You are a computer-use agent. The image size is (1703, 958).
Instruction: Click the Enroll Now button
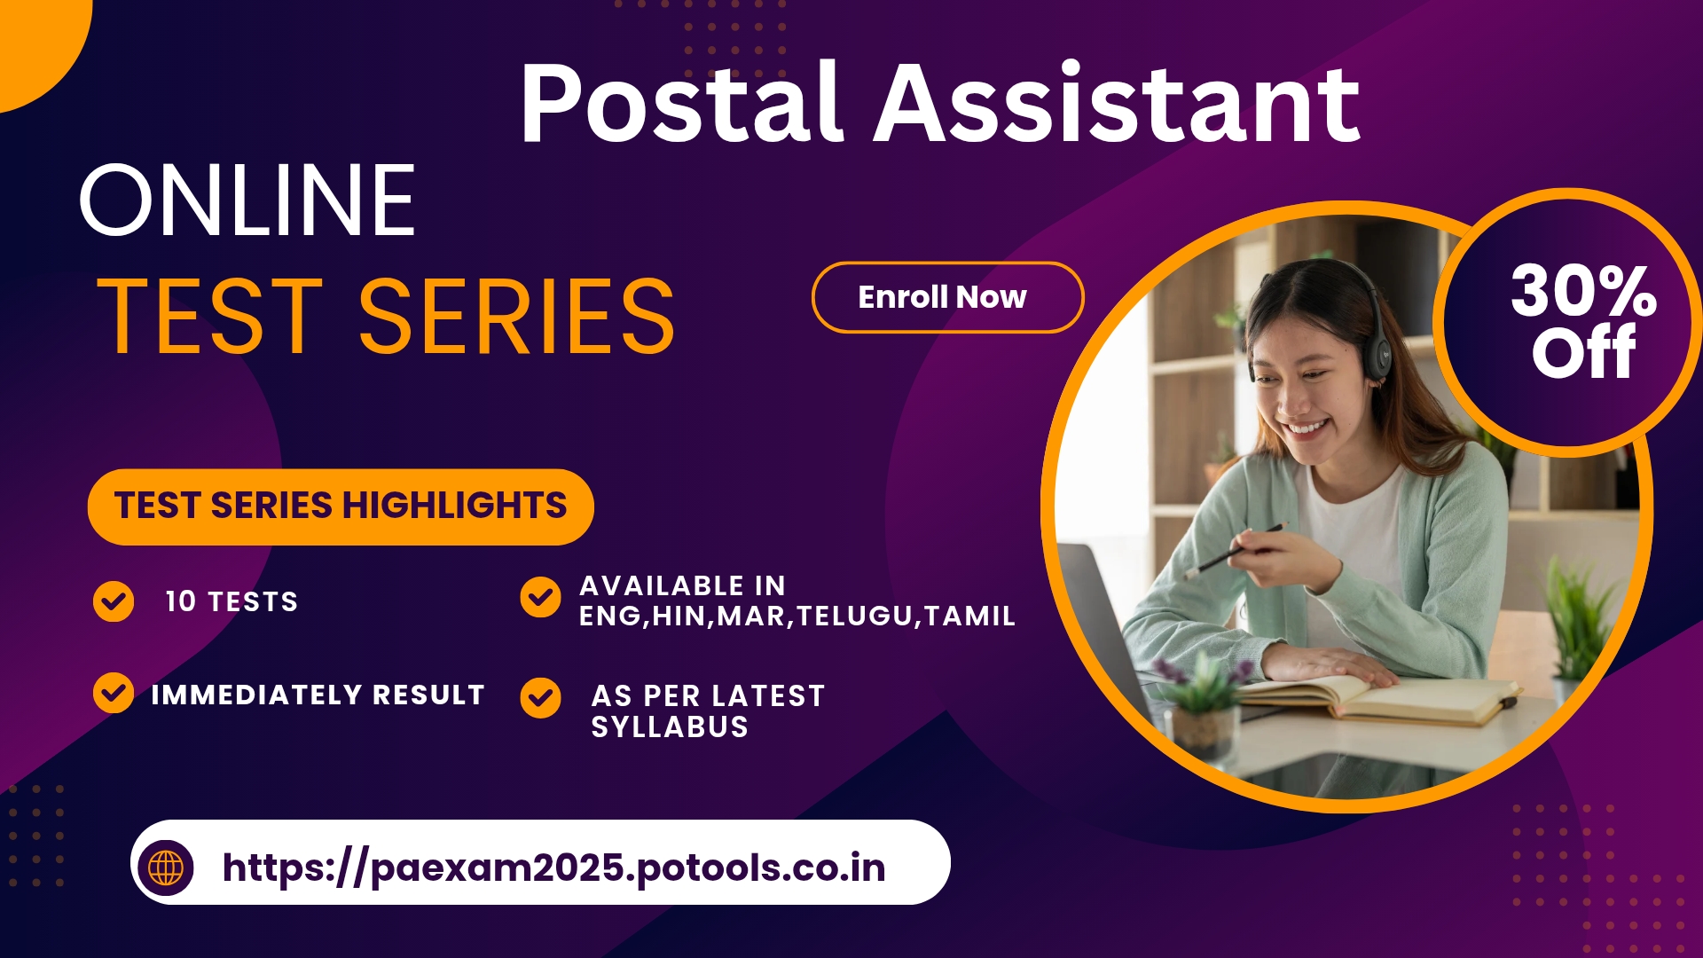click(947, 297)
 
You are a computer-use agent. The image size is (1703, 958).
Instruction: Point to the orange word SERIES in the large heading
click(516, 316)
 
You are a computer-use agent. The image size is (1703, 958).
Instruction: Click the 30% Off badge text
click(1584, 321)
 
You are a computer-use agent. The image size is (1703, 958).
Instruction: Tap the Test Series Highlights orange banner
click(341, 506)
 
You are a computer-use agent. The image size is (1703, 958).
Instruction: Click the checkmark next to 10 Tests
click(114, 601)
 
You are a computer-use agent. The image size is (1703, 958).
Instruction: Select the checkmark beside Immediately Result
click(114, 693)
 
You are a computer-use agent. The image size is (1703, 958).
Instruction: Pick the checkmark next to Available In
click(540, 597)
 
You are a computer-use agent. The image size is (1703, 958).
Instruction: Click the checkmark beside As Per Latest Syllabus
click(540, 698)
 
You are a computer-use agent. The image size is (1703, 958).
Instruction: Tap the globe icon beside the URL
click(166, 867)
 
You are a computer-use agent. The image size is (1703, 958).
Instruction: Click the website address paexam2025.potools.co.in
click(554, 868)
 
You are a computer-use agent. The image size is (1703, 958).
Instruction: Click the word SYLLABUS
click(670, 727)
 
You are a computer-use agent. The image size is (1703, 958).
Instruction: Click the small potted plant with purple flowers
click(1202, 701)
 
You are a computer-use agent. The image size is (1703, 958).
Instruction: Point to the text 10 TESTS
click(232, 601)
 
